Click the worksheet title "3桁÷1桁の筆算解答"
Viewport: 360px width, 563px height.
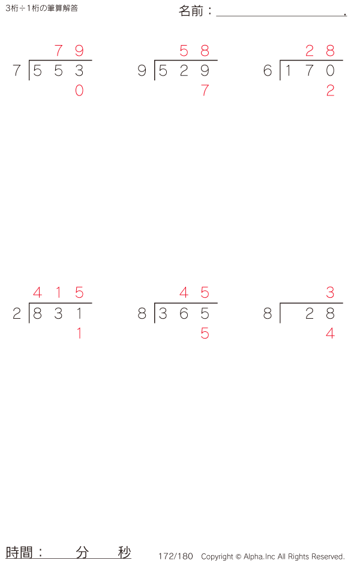tap(41, 8)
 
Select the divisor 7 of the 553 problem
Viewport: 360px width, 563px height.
tap(17, 71)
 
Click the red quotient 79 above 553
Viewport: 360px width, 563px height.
tap(69, 51)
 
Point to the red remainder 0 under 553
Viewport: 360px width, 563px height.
tap(79, 91)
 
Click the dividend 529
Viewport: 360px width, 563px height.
tap(184, 71)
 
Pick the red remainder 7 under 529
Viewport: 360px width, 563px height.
tap(205, 91)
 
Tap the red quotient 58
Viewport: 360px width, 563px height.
tap(194, 51)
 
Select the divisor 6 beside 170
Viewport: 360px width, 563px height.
tap(268, 71)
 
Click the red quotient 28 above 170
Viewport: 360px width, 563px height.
tap(320, 51)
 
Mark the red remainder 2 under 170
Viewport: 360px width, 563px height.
tap(330, 91)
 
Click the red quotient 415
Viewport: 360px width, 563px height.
tap(58, 294)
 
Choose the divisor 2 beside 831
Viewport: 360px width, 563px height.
tap(17, 313)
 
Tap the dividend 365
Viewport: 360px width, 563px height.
tap(184, 313)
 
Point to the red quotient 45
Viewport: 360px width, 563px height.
tap(194, 294)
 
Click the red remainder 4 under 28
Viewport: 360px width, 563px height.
tap(330, 333)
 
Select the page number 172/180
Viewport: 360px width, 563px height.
tap(176, 556)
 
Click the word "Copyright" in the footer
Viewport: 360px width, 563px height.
tap(217, 556)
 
